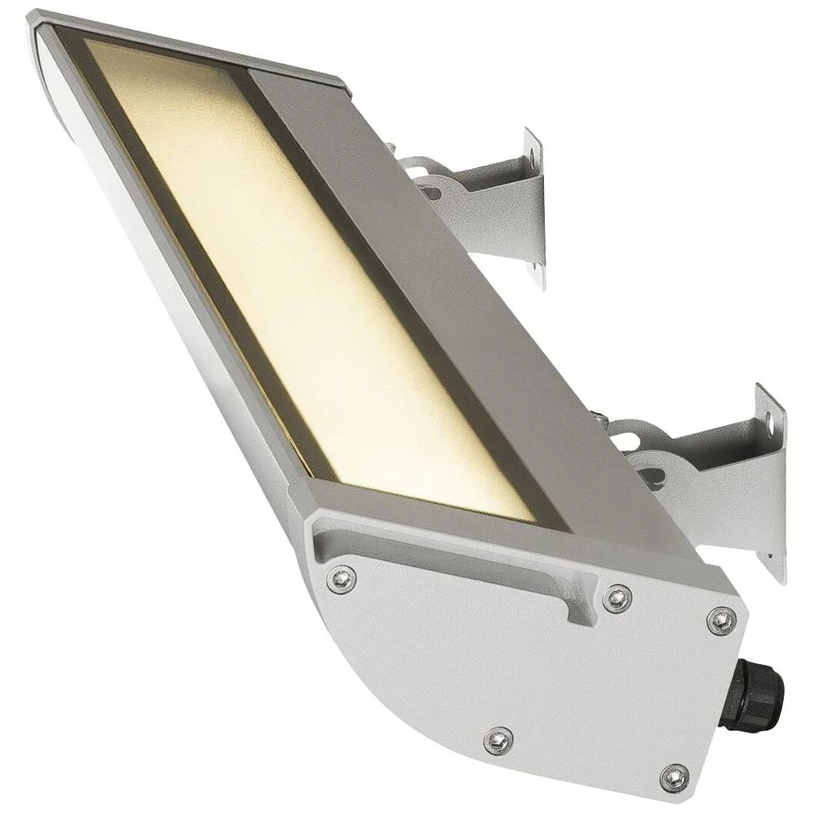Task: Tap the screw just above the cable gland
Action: tap(720, 620)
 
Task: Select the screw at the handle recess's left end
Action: tap(342, 579)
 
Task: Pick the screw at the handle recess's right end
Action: tap(617, 598)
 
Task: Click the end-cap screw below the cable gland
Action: tap(675, 776)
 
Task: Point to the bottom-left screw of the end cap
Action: tap(498, 741)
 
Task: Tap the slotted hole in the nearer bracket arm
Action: tap(650, 472)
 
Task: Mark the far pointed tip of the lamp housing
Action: tap(37, 20)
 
